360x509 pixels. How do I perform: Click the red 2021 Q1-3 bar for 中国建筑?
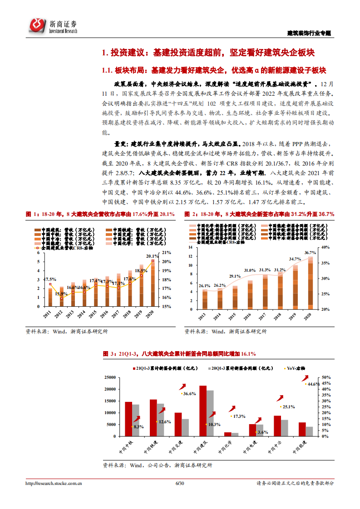203,411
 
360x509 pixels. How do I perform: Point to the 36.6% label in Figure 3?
189,393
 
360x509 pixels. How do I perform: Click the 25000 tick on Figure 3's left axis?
110,377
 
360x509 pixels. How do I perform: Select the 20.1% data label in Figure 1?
152,256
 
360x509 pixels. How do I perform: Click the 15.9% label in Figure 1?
62,294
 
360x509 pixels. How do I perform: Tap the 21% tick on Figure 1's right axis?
166,253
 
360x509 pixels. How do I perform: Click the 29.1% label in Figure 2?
235,276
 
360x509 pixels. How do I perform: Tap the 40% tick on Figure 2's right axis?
326,247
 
